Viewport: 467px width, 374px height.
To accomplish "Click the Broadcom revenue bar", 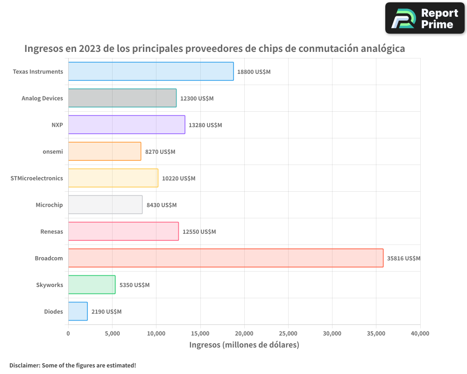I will click(226, 258).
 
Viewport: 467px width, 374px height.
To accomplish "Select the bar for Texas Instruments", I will click(151, 72).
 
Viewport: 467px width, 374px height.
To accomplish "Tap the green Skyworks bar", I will click(92, 285).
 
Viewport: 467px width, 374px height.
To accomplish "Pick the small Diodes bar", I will click(78, 311).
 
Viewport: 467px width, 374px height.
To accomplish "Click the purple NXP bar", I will click(127, 125).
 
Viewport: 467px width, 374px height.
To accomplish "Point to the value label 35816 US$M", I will click(403, 259).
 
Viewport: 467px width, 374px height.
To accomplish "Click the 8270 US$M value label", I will click(160, 152).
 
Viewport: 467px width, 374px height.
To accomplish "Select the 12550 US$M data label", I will click(199, 232).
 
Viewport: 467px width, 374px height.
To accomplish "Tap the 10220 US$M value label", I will click(178, 179).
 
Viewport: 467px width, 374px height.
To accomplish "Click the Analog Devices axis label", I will click(42, 98).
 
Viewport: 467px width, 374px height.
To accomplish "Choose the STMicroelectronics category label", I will click(36, 178).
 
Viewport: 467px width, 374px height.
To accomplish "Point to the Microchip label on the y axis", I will click(49, 205).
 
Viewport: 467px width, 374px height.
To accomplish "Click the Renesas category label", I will click(52, 231).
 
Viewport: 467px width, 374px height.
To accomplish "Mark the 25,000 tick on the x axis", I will click(288, 333).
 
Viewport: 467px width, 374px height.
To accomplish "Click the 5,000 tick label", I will click(112, 333).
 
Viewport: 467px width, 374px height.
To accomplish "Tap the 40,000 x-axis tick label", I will click(420, 333).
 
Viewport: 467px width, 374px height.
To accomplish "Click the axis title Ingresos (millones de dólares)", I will click(244, 345).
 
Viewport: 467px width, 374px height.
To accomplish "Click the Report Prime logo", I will click(425, 18).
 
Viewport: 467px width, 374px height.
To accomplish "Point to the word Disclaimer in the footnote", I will click(24, 365).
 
